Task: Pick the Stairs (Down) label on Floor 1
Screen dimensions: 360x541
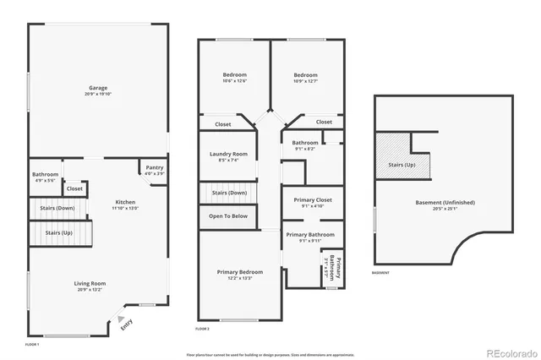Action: pyautogui.click(x=59, y=207)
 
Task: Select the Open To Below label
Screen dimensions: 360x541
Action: pyautogui.click(x=228, y=216)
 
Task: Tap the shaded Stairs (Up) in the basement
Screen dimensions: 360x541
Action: pyautogui.click(x=402, y=165)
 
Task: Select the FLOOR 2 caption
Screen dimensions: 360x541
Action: pyautogui.click(x=203, y=328)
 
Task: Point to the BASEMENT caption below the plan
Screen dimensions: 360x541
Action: pyautogui.click(x=380, y=273)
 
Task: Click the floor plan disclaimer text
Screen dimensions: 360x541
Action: pyautogui.click(x=270, y=353)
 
